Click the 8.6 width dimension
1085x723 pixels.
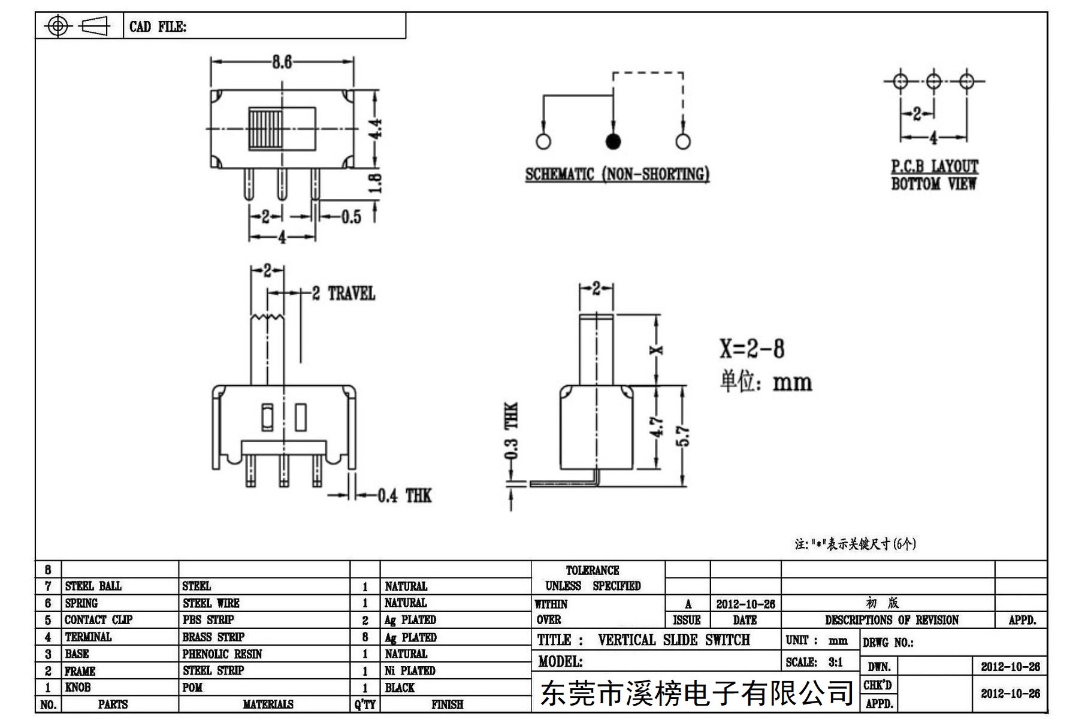click(282, 62)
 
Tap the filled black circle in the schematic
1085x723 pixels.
click(613, 141)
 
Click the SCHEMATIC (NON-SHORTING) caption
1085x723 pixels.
click(617, 174)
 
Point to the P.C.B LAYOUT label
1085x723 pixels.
click(935, 166)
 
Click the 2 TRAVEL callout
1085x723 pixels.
click(343, 294)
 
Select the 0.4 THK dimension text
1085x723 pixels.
click(404, 496)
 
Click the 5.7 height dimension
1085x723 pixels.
click(686, 435)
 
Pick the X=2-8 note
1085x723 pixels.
click(752, 349)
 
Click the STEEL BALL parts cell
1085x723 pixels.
click(93, 586)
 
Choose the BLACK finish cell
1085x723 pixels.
click(400, 688)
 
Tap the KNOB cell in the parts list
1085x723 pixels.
click(77, 687)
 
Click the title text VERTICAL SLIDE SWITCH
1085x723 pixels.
click(674, 640)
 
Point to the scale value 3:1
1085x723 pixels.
click(836, 662)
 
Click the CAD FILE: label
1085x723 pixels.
click(158, 26)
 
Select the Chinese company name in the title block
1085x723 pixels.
click(697, 693)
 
